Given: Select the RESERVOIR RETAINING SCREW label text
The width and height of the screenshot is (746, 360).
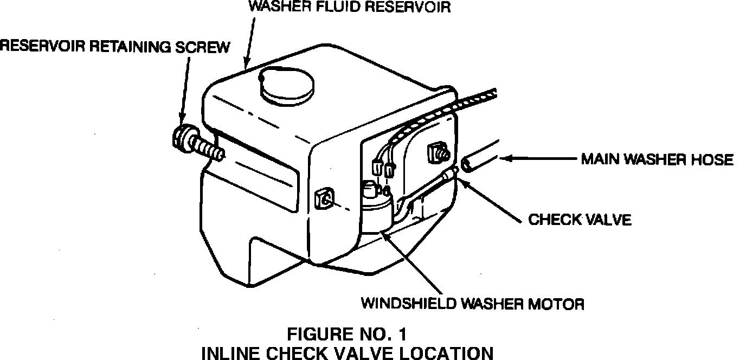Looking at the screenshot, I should [x=114, y=47].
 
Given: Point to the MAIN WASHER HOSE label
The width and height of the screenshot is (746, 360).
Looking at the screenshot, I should [x=657, y=159].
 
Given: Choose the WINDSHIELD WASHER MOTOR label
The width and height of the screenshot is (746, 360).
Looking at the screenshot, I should [x=473, y=303].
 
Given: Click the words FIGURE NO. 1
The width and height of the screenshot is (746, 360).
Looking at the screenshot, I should [x=346, y=332].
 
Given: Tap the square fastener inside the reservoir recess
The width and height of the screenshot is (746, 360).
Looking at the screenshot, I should [x=438, y=152].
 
